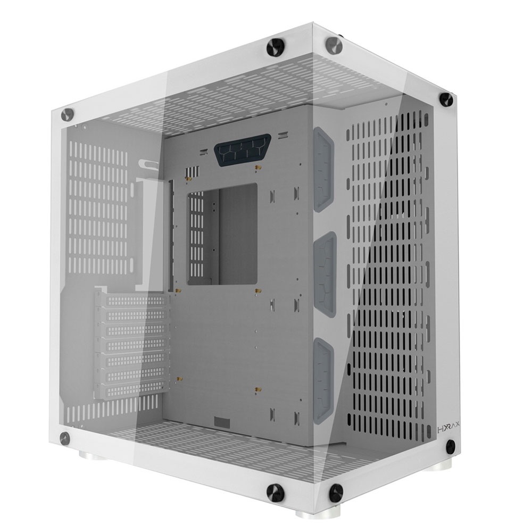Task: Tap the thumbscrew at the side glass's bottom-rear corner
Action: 65,438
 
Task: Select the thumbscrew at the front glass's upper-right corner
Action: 446,99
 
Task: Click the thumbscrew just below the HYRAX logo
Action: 451,446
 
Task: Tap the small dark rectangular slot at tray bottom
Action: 222,422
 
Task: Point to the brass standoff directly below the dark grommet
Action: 257,168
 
